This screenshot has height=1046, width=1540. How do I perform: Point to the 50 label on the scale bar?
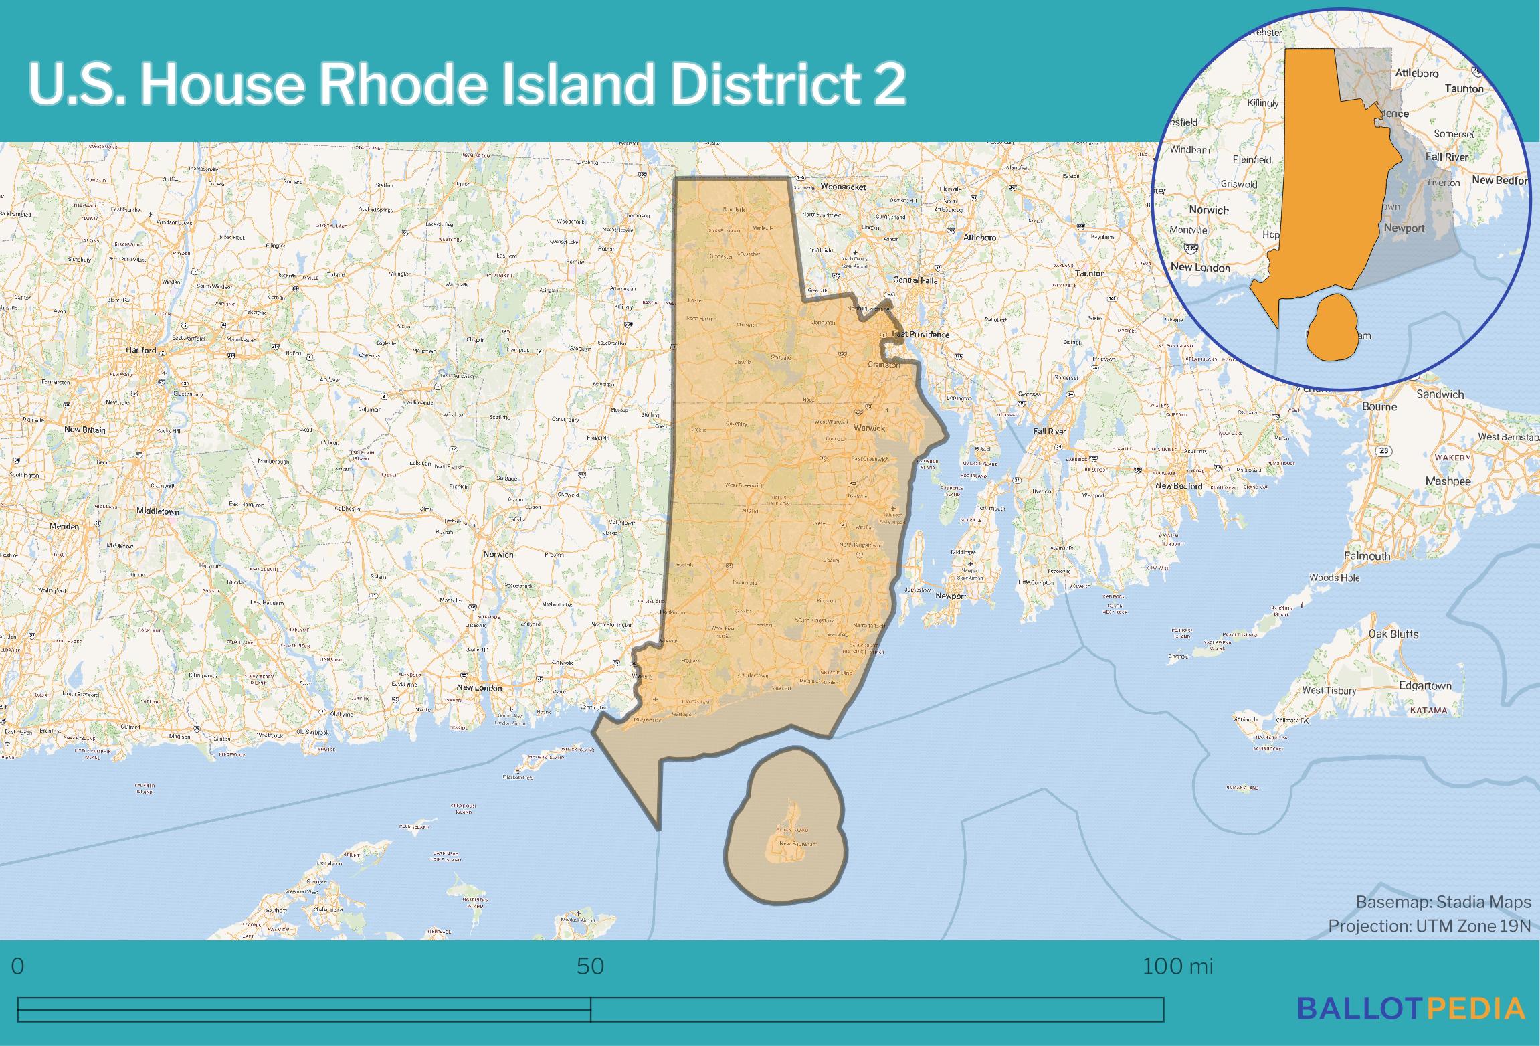tap(590, 966)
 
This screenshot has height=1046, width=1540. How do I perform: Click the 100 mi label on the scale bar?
tap(1177, 966)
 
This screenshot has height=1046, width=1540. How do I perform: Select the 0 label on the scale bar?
tap(18, 966)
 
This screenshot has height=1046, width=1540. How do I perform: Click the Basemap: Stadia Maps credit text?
tap(1443, 902)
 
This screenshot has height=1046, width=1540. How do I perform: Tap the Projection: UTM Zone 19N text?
tap(1429, 926)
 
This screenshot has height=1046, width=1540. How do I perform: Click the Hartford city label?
tap(141, 350)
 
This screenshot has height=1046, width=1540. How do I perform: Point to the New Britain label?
tap(85, 430)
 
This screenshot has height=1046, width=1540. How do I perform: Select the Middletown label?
tap(158, 511)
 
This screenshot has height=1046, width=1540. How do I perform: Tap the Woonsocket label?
tap(843, 187)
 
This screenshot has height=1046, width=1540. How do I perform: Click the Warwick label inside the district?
tap(870, 428)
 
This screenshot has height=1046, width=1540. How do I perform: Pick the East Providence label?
tap(921, 334)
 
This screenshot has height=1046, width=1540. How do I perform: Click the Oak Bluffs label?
tap(1393, 634)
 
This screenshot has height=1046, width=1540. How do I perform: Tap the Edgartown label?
tap(1425, 685)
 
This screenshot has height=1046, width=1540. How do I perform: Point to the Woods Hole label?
tap(1334, 578)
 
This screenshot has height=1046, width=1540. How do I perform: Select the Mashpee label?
tap(1448, 481)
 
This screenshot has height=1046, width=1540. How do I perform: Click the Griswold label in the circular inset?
tap(1239, 184)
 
